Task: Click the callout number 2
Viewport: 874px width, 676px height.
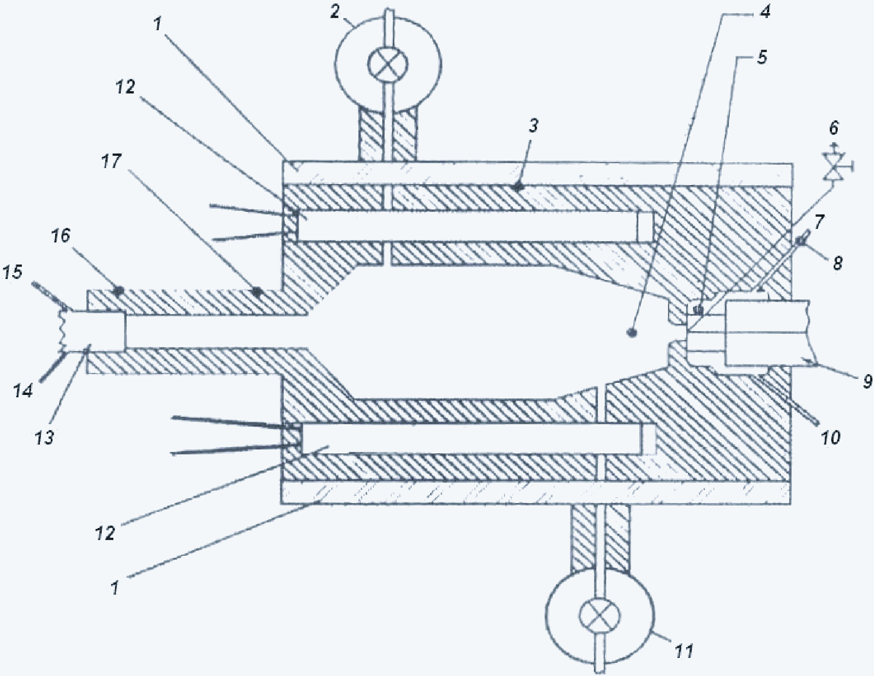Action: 335,12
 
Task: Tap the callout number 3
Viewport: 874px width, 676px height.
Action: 533,126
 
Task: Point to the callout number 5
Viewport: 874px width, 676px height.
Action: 761,57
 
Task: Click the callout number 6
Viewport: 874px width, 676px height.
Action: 834,128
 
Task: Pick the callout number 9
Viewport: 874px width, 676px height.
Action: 866,381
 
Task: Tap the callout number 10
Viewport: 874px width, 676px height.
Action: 829,438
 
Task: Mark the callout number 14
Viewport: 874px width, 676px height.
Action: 23,391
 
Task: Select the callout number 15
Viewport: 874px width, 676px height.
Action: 12,272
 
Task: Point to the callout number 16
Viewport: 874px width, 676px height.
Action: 60,236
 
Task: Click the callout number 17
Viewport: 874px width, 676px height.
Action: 111,162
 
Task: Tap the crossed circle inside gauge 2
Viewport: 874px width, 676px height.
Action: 387,64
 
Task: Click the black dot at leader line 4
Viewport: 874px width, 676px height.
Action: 632,333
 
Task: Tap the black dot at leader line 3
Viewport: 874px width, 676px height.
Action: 519,187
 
